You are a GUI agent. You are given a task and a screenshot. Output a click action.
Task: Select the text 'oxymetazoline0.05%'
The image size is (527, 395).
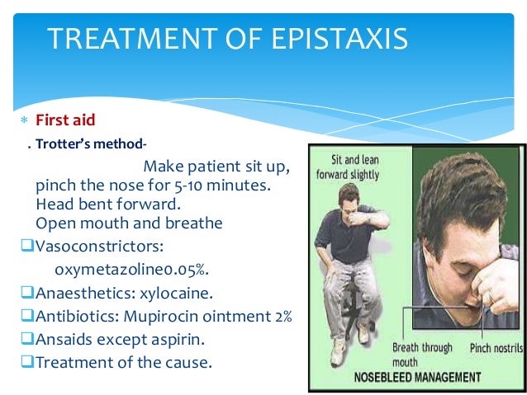(121, 269)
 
